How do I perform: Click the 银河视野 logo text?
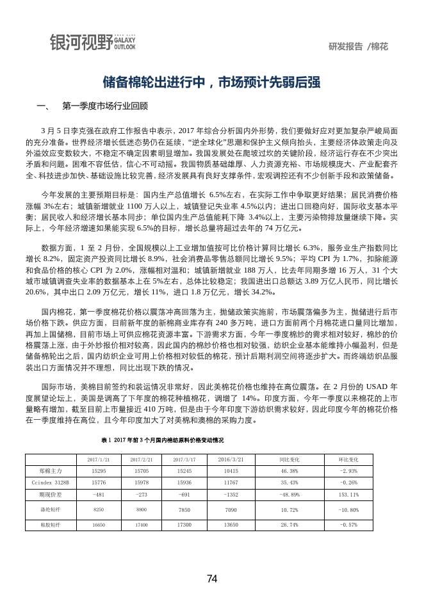[80, 42]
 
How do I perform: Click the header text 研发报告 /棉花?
[358, 47]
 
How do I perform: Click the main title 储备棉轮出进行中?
[211, 83]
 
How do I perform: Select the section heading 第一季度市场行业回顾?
[105, 106]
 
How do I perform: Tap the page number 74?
[212, 579]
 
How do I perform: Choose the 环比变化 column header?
[348, 459]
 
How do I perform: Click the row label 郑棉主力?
[50, 470]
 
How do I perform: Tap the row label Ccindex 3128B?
[50, 483]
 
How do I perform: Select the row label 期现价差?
[50, 495]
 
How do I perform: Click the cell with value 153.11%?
[348, 495]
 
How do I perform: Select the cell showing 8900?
[142, 509]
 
